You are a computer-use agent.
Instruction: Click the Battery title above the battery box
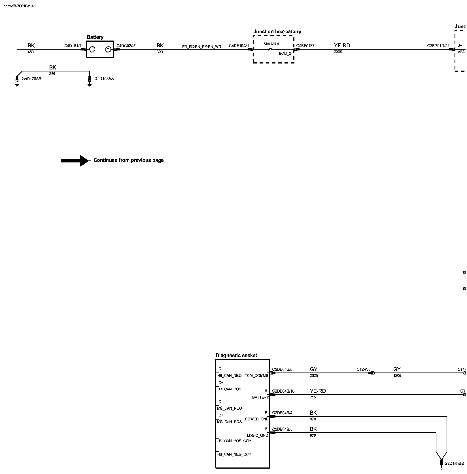pyautogui.click(x=95, y=37)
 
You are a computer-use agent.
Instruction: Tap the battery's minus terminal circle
pyautogui.click(x=92, y=49)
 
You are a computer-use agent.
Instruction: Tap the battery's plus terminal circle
pyautogui.click(x=108, y=49)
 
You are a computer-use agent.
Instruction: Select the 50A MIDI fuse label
pyautogui.click(x=271, y=44)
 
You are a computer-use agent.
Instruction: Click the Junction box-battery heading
pyautogui.click(x=277, y=31)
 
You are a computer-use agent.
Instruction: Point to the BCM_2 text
pyautogui.click(x=285, y=53)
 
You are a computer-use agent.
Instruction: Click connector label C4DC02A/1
pyautogui.click(x=126, y=46)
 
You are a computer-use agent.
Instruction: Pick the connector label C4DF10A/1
pyautogui.click(x=239, y=46)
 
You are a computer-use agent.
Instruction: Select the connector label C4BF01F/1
pyautogui.click(x=306, y=46)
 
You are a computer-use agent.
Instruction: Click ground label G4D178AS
pyautogui.click(x=31, y=79)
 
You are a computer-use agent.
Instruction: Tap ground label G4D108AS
pyautogui.click(x=104, y=79)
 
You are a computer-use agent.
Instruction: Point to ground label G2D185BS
pyautogui.click(x=454, y=464)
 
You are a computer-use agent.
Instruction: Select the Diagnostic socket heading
pyautogui.click(x=236, y=355)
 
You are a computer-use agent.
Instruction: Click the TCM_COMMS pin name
pyautogui.click(x=256, y=376)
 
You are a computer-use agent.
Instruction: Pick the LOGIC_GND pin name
pyautogui.click(x=257, y=435)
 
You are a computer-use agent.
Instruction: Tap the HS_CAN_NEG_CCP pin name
pyautogui.click(x=234, y=454)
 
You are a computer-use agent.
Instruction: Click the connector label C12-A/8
pyautogui.click(x=363, y=369)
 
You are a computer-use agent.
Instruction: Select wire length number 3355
pyautogui.click(x=338, y=52)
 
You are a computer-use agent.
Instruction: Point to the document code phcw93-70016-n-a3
pyautogui.click(x=19, y=6)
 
